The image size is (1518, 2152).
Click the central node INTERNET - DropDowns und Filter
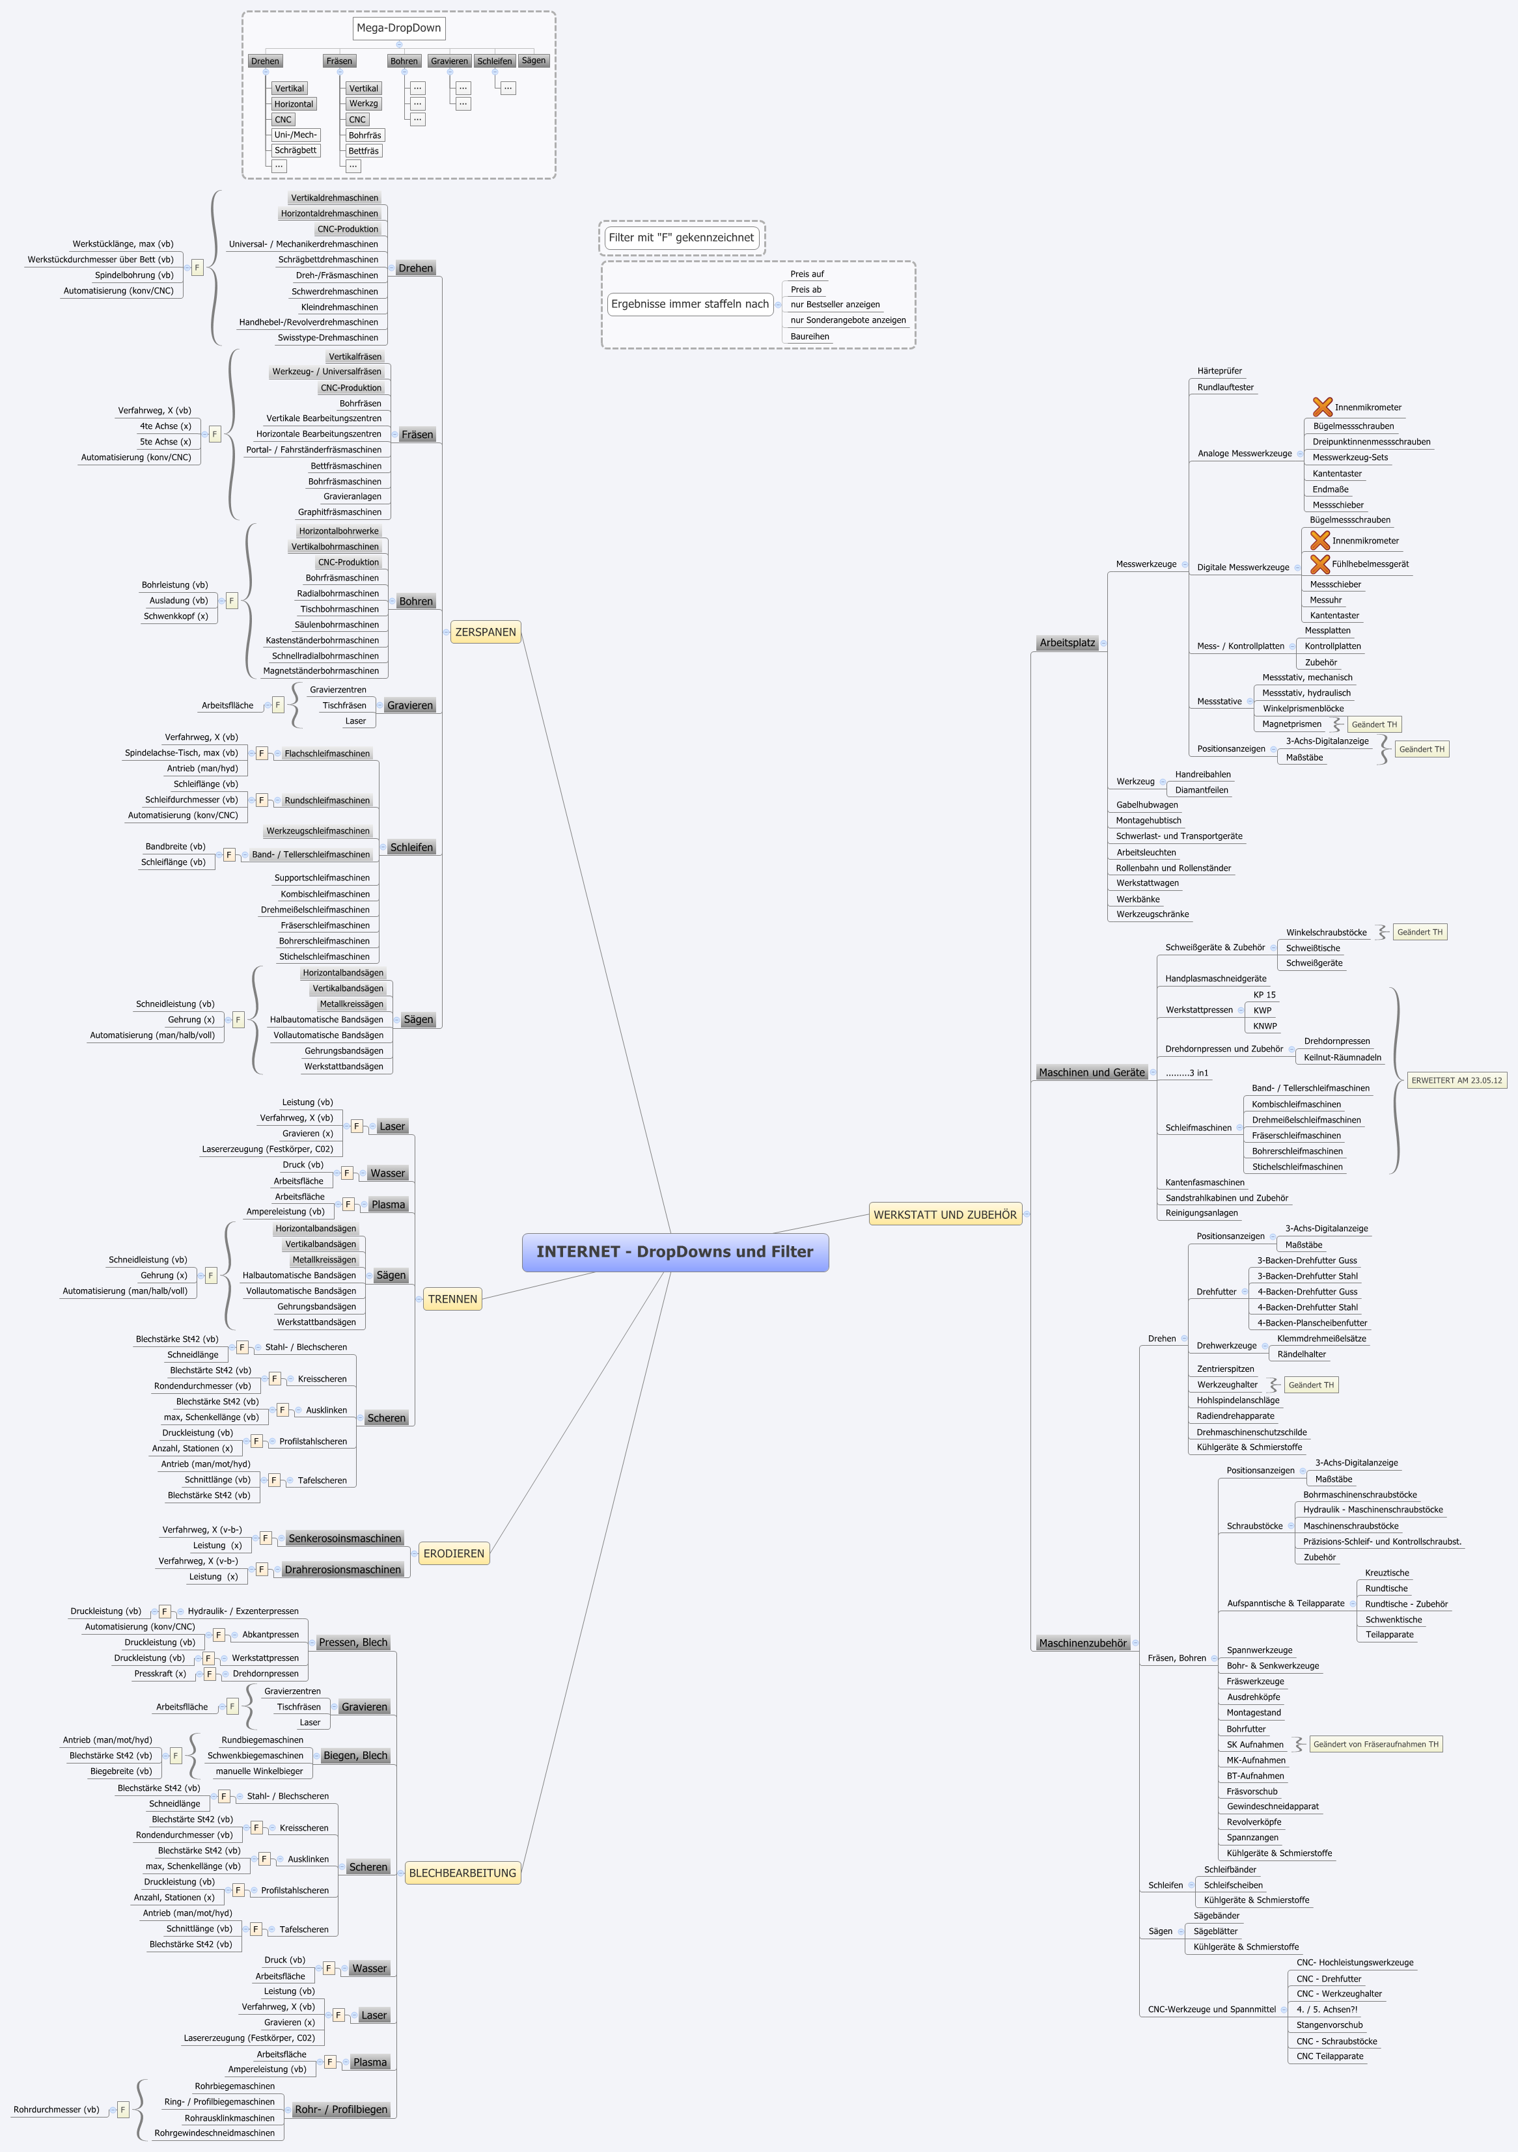pyautogui.click(x=675, y=1252)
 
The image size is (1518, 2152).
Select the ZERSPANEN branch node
pyautogui.click(x=485, y=633)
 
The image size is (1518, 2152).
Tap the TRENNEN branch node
pyautogui.click(x=452, y=1299)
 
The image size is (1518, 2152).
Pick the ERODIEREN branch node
pyautogui.click(x=454, y=1553)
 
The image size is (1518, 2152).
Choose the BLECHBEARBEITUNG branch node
pyautogui.click(x=462, y=1873)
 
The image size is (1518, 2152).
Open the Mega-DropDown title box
pyautogui.click(x=398, y=28)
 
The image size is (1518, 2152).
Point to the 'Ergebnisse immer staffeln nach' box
pyautogui.click(x=689, y=304)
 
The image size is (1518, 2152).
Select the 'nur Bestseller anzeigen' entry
pyautogui.click(x=835, y=305)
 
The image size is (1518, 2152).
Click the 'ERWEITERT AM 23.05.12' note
pyautogui.click(x=1456, y=1081)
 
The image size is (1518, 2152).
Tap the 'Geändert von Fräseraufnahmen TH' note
pyautogui.click(x=1375, y=1744)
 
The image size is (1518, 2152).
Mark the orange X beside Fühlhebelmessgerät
pyautogui.click(x=1319, y=564)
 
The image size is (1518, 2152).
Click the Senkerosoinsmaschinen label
pyautogui.click(x=344, y=1538)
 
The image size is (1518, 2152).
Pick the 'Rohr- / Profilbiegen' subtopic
pyautogui.click(x=340, y=2109)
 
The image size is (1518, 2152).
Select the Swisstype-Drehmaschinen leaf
pyautogui.click(x=327, y=338)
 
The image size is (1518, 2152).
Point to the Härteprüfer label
pyautogui.click(x=1219, y=371)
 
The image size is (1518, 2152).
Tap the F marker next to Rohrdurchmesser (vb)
pyautogui.click(x=122, y=2110)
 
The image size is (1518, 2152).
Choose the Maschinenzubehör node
pyautogui.click(x=1082, y=1643)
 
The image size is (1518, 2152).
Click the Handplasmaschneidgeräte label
pyautogui.click(x=1215, y=979)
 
